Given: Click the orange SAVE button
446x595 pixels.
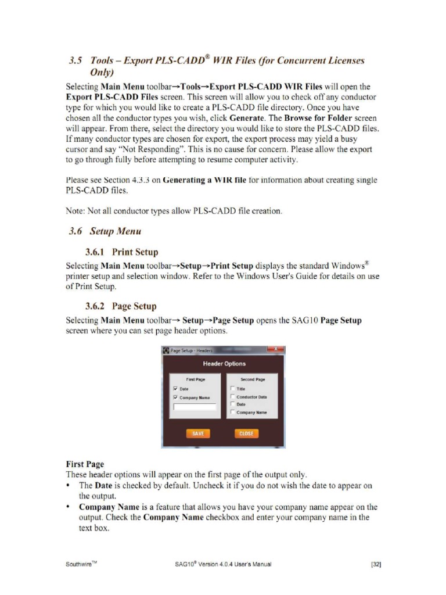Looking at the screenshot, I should click(x=197, y=433).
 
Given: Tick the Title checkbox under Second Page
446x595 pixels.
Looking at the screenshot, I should click(x=232, y=389).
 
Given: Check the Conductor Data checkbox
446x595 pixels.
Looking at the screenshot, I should click(x=232, y=397).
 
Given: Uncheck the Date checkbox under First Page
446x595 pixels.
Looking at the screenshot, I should click(x=175, y=389).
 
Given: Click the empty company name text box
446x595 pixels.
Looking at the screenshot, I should click(x=195, y=407).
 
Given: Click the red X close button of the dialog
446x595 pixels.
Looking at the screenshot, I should click(x=275, y=350).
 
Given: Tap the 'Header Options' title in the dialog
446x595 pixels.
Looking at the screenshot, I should click(x=224, y=364).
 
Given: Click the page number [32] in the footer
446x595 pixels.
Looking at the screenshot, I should click(x=375, y=564).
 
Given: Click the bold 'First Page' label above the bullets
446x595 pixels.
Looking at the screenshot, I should click(x=85, y=464).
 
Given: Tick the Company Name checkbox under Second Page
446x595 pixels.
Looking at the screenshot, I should click(x=232, y=412).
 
